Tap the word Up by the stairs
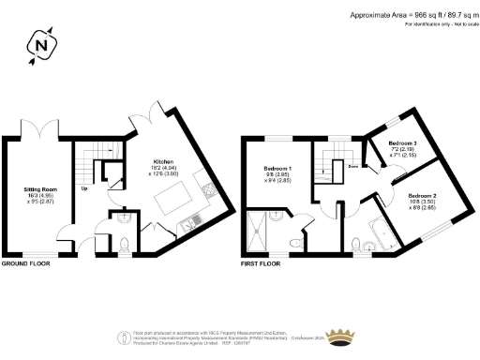point(85,187)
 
